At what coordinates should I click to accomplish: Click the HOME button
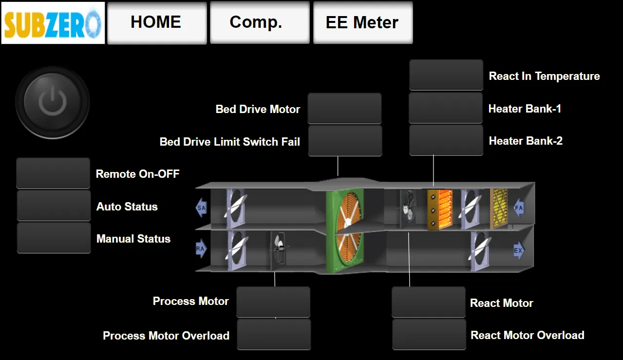[157, 22]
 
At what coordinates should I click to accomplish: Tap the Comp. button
[260, 22]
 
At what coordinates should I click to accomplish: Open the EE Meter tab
[363, 22]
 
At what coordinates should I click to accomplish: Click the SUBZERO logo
[53, 23]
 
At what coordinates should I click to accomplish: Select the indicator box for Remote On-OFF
[53, 173]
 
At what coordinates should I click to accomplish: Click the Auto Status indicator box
[54, 206]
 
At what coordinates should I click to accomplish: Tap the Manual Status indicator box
[54, 238]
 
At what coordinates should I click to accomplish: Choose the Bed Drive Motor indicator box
[344, 109]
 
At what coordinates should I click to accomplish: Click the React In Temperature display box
[446, 75]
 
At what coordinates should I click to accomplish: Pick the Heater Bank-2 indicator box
[446, 140]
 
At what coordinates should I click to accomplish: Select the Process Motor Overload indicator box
[274, 334]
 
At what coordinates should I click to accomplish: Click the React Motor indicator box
[429, 302]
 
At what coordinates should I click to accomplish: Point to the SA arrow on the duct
[201, 208]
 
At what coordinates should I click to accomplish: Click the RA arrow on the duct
[201, 248]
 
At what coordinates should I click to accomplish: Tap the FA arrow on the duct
[519, 208]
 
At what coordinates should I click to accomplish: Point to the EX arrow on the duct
[519, 250]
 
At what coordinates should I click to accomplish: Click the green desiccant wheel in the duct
[345, 231]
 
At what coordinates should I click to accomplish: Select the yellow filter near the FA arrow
[499, 208]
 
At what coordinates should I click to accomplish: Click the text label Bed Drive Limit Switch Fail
[230, 142]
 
